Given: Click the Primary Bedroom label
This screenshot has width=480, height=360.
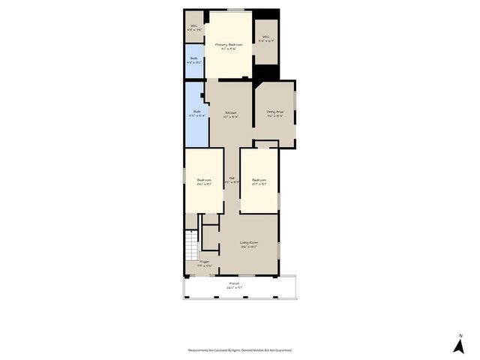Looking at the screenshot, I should [x=229, y=45].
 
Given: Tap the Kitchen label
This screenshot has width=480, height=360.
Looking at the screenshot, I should [x=231, y=113].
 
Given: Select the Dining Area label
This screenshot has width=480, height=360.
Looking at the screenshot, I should [x=275, y=113].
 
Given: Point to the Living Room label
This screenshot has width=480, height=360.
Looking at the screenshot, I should [x=249, y=243].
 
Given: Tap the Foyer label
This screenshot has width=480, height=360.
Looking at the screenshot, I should [x=204, y=263].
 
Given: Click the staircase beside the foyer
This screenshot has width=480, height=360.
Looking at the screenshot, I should [x=191, y=244].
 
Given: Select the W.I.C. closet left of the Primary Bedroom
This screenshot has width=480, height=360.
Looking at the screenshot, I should [x=195, y=28].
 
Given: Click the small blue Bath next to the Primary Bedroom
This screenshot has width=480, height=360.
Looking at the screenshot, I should [x=195, y=61].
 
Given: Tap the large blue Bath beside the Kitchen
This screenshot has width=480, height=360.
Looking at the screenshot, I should [x=196, y=114].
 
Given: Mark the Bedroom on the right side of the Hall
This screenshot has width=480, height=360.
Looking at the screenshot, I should [x=259, y=181].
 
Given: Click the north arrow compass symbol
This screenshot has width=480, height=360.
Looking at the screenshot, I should [x=458, y=346].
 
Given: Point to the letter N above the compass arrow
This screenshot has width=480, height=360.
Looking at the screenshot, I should [x=460, y=335].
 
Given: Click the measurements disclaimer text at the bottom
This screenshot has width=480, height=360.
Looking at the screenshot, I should [x=240, y=350].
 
